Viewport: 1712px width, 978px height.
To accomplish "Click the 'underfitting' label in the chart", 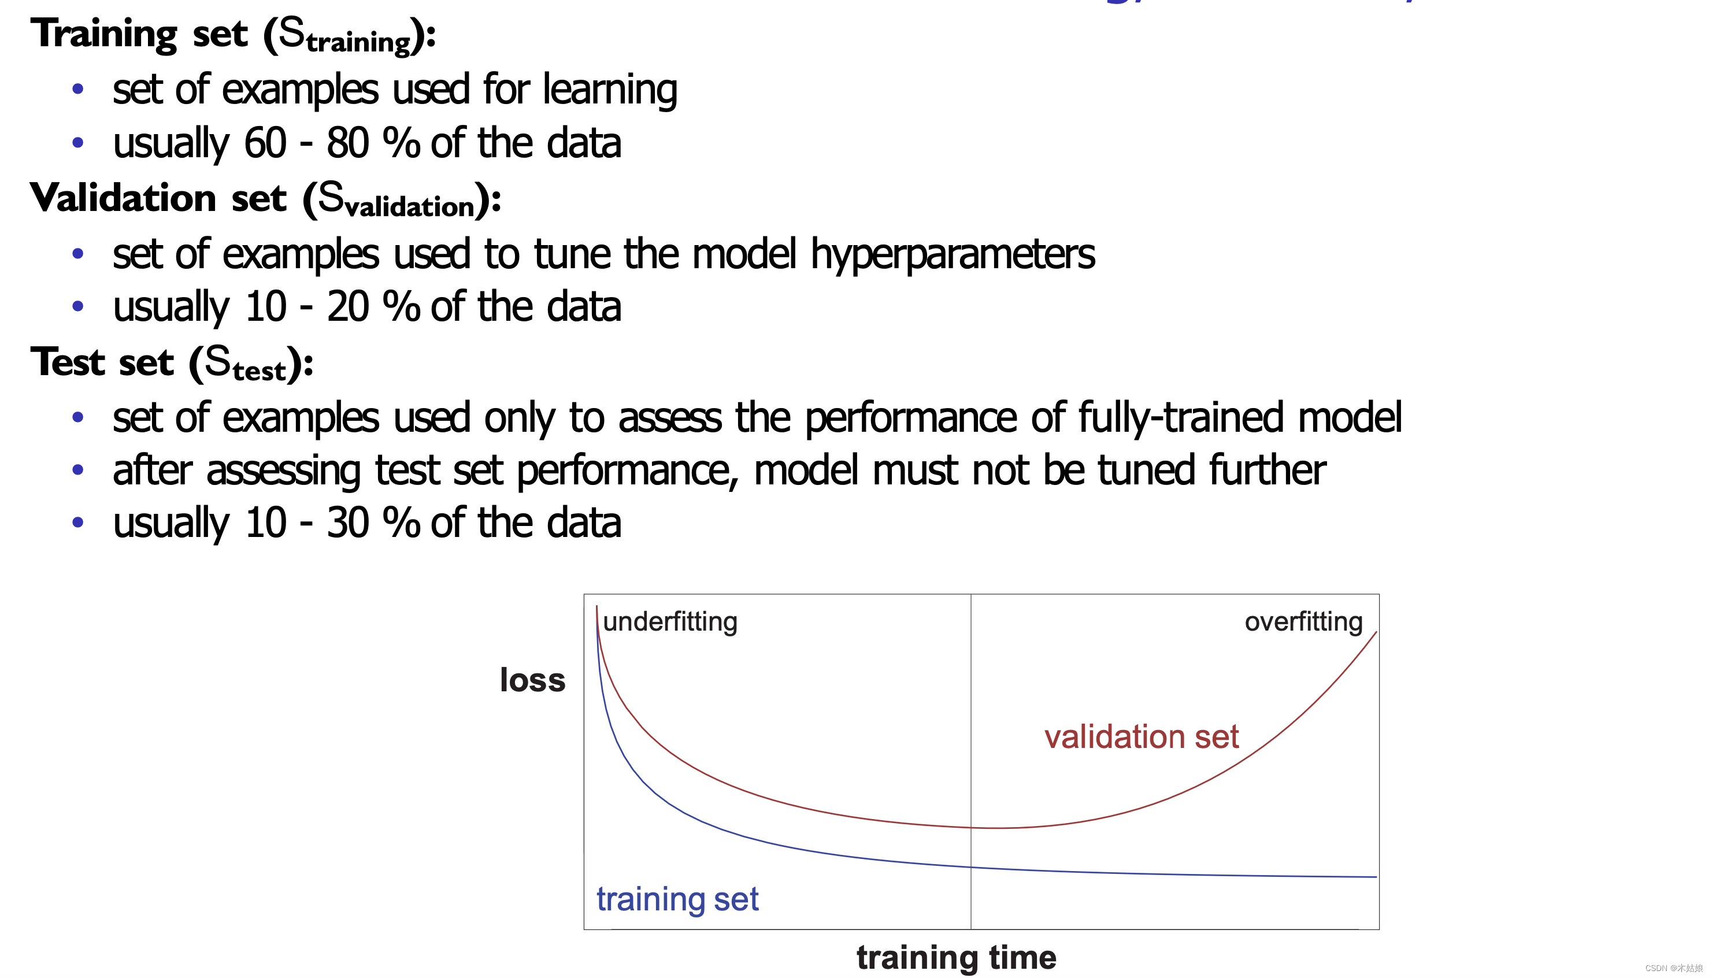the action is [x=670, y=622].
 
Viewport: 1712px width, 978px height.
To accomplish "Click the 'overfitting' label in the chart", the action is [x=1303, y=622].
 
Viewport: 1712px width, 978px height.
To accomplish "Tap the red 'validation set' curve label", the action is [x=1141, y=736].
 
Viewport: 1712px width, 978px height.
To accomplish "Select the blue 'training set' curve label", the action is [x=677, y=899].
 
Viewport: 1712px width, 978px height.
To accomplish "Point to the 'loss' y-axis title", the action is [x=532, y=680].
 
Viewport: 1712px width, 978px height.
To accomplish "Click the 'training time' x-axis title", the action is [x=957, y=957].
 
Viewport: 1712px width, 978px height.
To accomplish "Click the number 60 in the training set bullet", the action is [x=265, y=143].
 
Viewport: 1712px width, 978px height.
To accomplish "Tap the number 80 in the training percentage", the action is [x=348, y=143].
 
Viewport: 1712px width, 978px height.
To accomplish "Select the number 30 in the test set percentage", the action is [x=348, y=523].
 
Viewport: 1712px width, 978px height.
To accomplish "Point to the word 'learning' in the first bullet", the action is [x=610, y=90].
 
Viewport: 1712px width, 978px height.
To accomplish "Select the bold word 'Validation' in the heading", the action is [x=123, y=198].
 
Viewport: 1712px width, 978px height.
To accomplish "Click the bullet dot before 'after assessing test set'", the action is [x=78, y=470].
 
